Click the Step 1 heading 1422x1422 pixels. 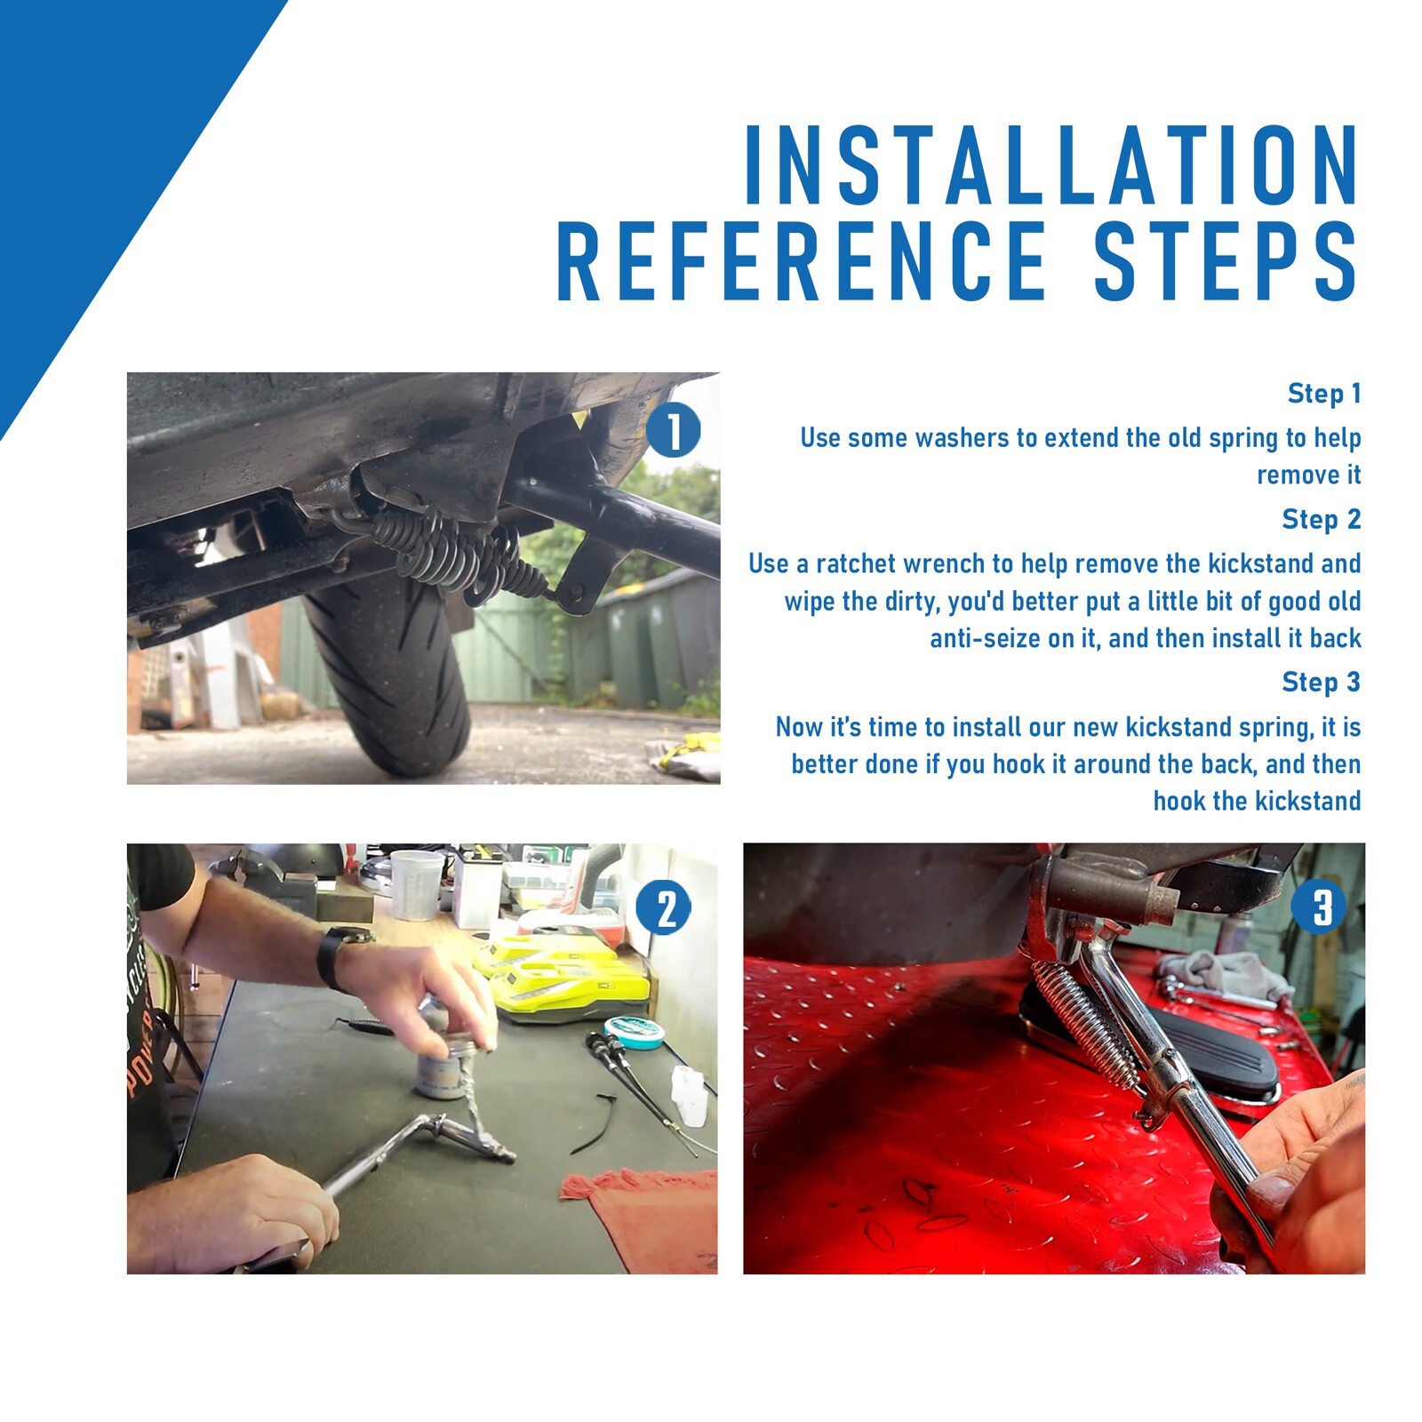[x=1324, y=393]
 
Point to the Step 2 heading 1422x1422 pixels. [x=1322, y=519]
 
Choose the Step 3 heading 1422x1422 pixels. [x=1322, y=682]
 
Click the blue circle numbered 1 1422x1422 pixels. [x=673, y=430]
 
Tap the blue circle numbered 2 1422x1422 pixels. [x=664, y=907]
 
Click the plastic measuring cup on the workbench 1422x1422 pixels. [x=415, y=884]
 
